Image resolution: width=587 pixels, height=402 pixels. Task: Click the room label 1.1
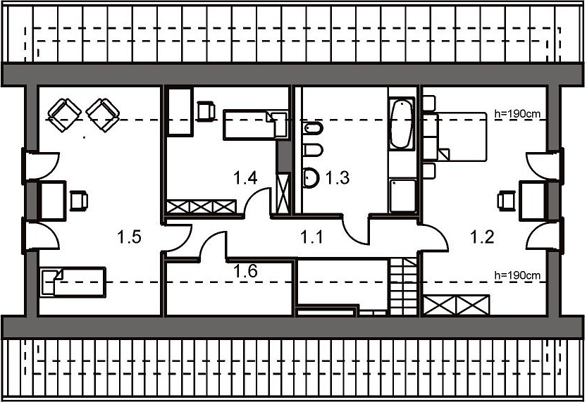[x=312, y=237]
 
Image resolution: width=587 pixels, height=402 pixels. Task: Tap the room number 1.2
[x=482, y=237]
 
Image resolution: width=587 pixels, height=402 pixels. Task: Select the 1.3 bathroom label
[x=338, y=177]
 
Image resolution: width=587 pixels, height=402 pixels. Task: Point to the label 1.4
[x=245, y=177]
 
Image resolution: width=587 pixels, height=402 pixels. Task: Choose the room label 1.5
[x=129, y=237]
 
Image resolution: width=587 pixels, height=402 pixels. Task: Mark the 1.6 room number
[x=245, y=271]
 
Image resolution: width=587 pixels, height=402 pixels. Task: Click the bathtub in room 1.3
[x=402, y=123]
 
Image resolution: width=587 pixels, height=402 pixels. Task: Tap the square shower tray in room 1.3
[x=402, y=196]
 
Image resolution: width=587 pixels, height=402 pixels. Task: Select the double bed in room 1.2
[x=462, y=137]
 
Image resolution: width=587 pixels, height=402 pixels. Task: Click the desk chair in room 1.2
[x=506, y=201]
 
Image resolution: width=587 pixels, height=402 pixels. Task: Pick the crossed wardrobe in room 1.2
[x=456, y=305]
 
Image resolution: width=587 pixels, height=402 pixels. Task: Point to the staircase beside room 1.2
[x=404, y=287]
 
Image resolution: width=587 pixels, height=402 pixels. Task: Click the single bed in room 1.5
[x=73, y=282]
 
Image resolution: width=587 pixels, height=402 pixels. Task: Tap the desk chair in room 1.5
[x=79, y=201]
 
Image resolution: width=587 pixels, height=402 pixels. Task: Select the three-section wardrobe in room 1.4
[x=202, y=207]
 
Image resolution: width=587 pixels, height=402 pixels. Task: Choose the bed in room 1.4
[x=255, y=125]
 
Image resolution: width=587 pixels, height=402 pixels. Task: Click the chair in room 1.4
[x=206, y=111]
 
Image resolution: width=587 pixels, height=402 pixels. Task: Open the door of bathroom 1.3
[x=356, y=232]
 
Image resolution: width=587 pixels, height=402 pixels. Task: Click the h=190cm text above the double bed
[x=517, y=113]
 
